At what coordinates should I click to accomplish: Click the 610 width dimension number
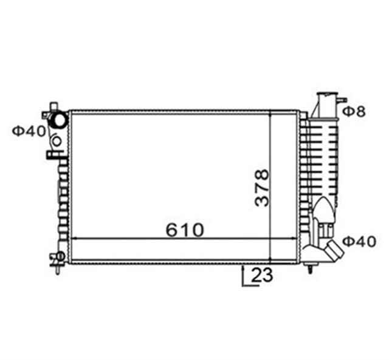click(184, 230)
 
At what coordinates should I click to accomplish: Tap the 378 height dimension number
click(262, 188)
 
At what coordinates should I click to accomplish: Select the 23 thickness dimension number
click(262, 274)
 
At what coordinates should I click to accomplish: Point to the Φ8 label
click(354, 112)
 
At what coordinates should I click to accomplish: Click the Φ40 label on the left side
click(29, 131)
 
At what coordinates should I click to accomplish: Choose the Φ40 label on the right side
click(359, 242)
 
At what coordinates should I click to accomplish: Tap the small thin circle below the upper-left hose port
click(57, 141)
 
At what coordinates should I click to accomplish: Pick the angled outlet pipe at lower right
click(335, 251)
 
